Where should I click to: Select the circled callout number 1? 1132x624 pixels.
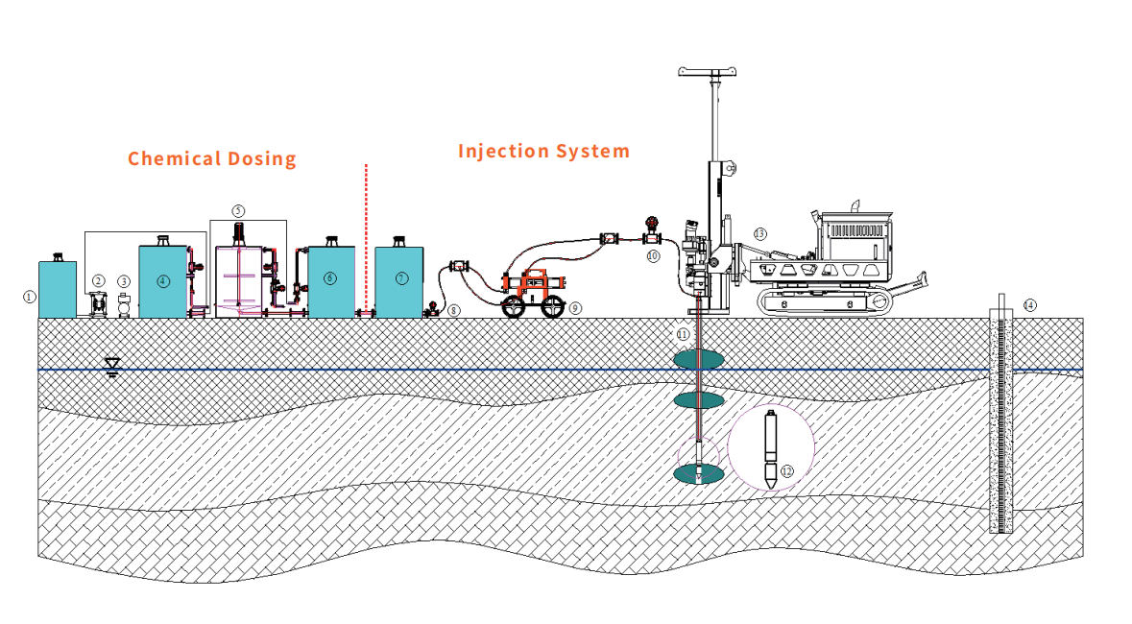click(x=29, y=298)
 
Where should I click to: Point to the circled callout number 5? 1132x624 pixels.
click(x=239, y=209)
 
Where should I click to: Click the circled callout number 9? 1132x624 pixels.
click(x=575, y=308)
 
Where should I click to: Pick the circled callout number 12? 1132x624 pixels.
click(x=787, y=471)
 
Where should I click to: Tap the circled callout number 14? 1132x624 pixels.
click(x=1029, y=305)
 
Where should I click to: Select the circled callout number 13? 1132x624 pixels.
click(x=760, y=233)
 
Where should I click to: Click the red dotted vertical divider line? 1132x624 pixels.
click(x=366, y=240)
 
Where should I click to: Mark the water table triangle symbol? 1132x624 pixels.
click(x=112, y=365)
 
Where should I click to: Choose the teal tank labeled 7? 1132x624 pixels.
click(x=398, y=281)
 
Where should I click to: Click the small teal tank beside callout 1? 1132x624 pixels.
click(x=57, y=289)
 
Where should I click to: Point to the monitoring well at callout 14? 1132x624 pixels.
click(x=1001, y=422)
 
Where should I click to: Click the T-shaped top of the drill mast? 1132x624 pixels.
click(x=711, y=71)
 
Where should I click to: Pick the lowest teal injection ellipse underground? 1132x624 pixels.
click(x=699, y=473)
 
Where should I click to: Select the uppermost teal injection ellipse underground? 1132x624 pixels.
click(x=698, y=360)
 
